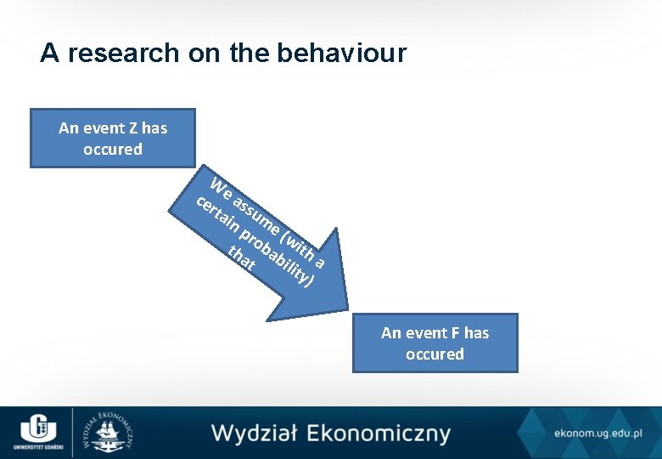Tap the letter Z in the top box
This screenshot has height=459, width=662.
point(133,128)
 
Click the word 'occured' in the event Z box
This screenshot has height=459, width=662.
point(113,150)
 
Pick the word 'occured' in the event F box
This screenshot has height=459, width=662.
point(435,354)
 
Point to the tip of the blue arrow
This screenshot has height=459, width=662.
point(347,307)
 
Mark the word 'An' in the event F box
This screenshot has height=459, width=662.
point(391,333)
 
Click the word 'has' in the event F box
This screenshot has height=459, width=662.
point(476,333)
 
